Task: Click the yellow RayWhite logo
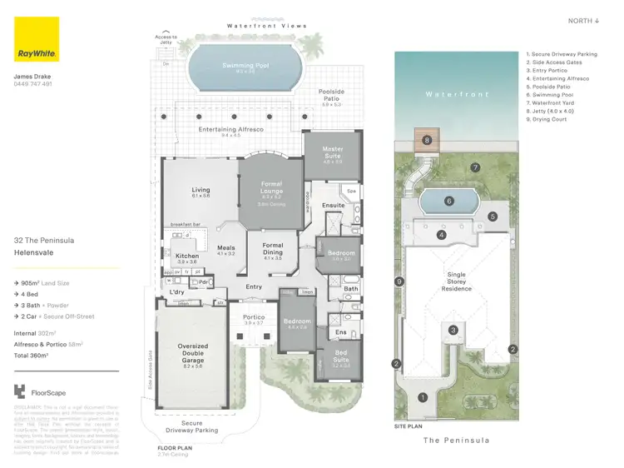coord(37,39)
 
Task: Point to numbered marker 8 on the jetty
coord(428,141)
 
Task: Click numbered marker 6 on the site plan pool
coord(448,201)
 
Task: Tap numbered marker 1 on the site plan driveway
coord(423,398)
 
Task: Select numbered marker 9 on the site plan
coord(400,282)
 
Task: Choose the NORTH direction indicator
coord(584,20)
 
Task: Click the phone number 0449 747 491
coord(33,84)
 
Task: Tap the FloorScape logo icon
coord(20,391)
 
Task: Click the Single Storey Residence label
coord(456,281)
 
